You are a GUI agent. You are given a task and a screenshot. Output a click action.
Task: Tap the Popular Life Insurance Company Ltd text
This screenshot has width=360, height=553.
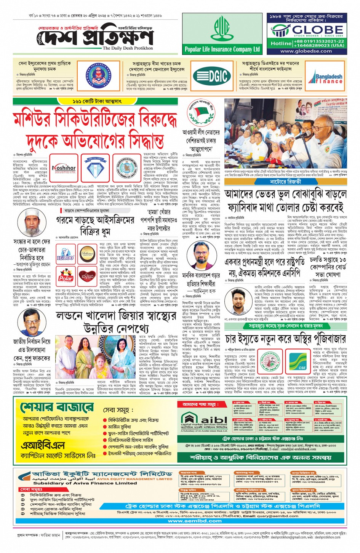tap(222, 49)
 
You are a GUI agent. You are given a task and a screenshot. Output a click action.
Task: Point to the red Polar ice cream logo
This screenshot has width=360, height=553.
tap(66, 277)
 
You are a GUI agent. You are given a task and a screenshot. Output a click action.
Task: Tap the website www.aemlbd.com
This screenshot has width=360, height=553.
tap(195, 521)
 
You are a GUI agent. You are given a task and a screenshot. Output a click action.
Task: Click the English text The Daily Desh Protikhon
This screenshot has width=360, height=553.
tap(128, 48)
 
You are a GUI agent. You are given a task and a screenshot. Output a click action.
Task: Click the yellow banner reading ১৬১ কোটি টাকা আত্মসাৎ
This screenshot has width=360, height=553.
tap(98, 101)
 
